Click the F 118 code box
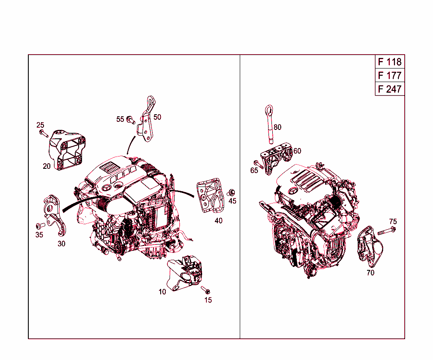click(x=389, y=62)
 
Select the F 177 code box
click(x=389, y=76)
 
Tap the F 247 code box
click(x=389, y=89)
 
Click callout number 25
click(x=40, y=125)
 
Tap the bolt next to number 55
click(x=131, y=120)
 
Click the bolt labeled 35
click(x=40, y=225)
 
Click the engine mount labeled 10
click(x=185, y=274)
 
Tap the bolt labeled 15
click(x=206, y=291)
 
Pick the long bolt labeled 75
click(x=387, y=231)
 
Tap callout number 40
click(x=218, y=220)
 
